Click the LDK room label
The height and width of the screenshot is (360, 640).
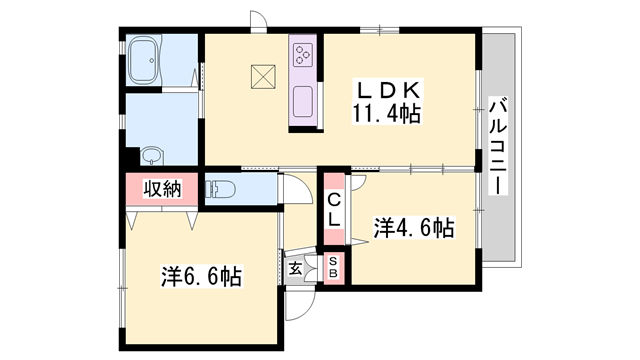click(x=384, y=89)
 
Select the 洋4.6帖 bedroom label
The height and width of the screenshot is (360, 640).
click(x=414, y=227)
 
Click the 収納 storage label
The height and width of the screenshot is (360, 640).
click(x=160, y=189)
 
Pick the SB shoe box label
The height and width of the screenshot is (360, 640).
click(x=334, y=267)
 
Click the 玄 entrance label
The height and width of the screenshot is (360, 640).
click(x=297, y=268)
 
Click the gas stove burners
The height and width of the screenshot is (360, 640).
click(x=303, y=56)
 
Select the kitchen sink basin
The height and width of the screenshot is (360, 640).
click(x=303, y=101)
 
